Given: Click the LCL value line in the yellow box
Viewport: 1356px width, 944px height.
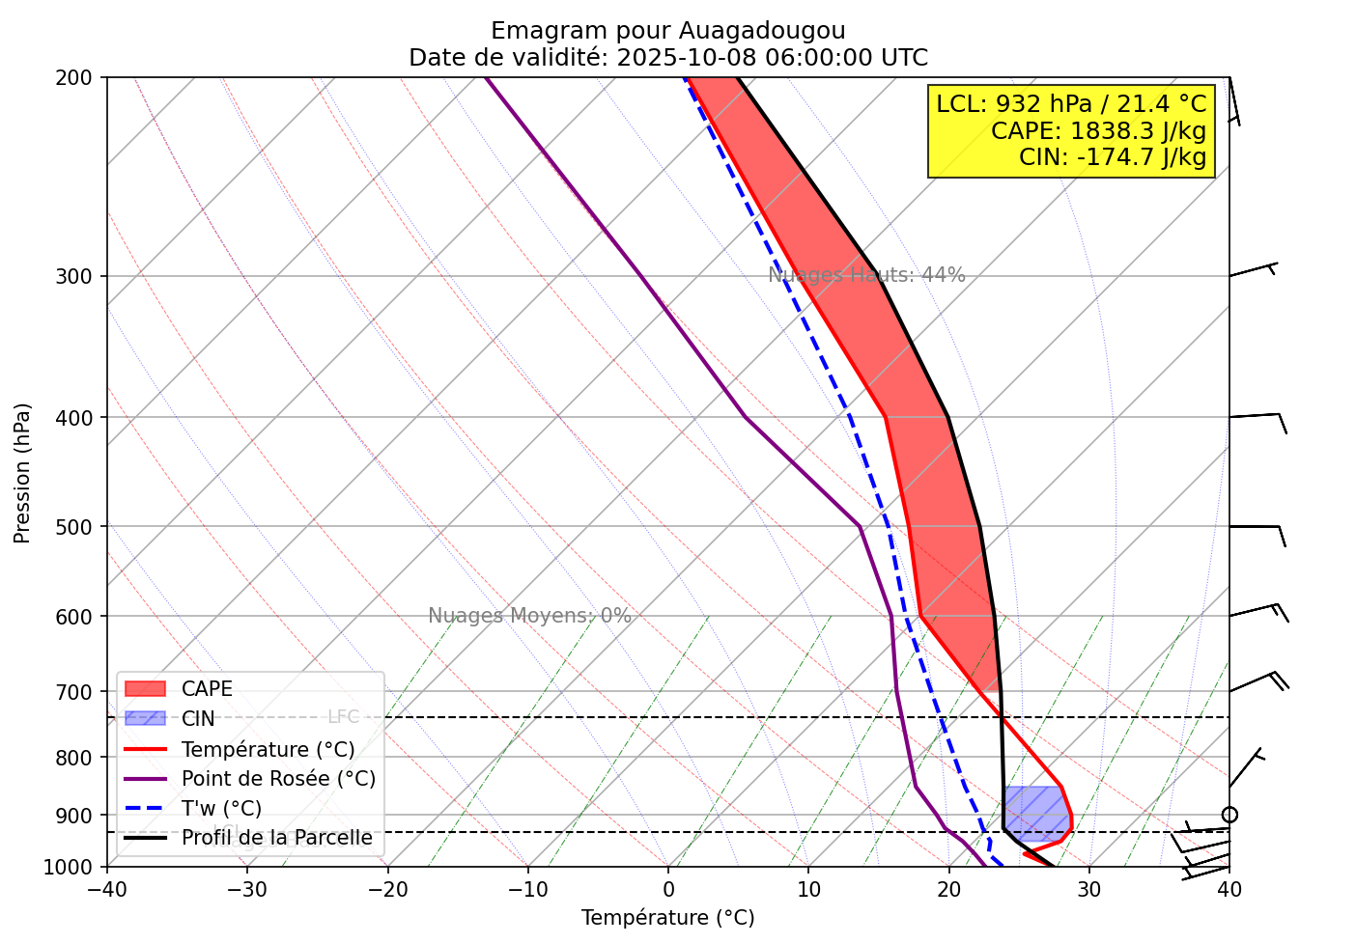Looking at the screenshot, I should [1071, 104].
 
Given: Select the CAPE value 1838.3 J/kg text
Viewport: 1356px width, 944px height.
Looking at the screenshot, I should [1098, 130].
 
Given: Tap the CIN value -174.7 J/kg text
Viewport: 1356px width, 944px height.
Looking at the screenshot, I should [1112, 156].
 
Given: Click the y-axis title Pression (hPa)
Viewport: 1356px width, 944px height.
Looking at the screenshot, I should [22, 473].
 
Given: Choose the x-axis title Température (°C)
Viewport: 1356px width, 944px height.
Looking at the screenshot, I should [667, 918].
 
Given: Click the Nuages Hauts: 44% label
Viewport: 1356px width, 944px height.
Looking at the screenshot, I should [866, 275].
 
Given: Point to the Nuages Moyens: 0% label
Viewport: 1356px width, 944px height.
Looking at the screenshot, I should [529, 616].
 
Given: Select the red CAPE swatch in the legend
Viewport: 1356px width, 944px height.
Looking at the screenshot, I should [146, 689].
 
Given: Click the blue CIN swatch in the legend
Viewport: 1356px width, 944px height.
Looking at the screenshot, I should [146, 719].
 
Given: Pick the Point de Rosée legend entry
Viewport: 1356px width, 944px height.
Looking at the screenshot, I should [278, 779].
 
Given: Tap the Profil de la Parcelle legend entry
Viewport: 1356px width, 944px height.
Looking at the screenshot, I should [276, 838].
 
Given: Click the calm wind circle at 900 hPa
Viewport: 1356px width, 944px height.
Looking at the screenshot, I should [1229, 816].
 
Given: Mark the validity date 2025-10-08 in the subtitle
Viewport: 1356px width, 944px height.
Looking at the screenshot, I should [687, 58].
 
